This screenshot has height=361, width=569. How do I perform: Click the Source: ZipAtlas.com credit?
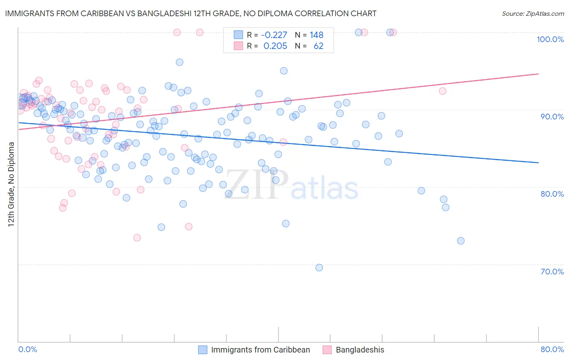[x=533, y=13]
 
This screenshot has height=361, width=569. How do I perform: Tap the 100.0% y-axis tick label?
[x=550, y=39]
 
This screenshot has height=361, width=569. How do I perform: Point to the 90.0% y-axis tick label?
[x=552, y=117]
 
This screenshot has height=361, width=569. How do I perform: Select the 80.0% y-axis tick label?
[x=552, y=194]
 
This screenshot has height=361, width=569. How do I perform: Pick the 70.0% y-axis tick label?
[x=552, y=272]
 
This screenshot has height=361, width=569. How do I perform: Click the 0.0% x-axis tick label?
[x=28, y=349]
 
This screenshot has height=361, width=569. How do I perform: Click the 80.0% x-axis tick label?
[x=552, y=349]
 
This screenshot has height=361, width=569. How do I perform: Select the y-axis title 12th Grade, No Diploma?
[x=11, y=184]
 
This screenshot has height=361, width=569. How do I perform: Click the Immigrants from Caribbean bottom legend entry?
[x=260, y=350]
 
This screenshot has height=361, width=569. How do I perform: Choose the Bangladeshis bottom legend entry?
[x=360, y=350]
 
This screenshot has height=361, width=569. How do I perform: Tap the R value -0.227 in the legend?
[x=274, y=35]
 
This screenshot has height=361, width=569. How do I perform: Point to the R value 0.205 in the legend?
[x=275, y=46]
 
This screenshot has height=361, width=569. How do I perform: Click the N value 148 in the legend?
[x=316, y=35]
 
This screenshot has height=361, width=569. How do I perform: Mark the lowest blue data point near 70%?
[x=319, y=268]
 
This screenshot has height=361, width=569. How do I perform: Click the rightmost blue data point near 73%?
[x=461, y=241]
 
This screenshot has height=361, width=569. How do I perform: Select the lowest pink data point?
[x=137, y=238]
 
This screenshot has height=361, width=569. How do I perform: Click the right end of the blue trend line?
[x=538, y=163]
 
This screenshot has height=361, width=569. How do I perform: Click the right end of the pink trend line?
[x=538, y=74]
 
